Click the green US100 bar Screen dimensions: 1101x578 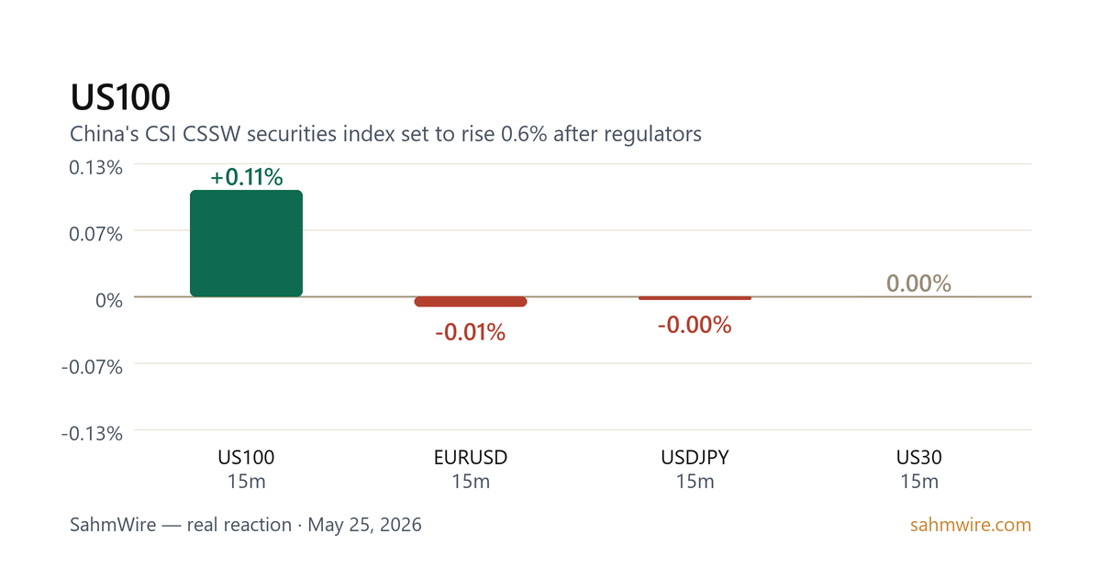coord(246,243)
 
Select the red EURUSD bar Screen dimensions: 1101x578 coord(471,302)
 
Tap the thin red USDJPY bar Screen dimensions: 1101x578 coord(695,298)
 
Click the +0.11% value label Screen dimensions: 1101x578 coord(247,177)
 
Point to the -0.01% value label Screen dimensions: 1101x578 coord(471,332)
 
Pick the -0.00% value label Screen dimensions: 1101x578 coord(695,325)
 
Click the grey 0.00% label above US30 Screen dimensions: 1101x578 coord(918,283)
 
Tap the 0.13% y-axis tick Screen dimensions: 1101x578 coord(95,168)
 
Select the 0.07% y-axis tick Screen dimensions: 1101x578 coord(95,234)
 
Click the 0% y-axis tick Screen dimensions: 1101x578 coord(109,300)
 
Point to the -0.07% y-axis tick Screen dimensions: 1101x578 coord(92,367)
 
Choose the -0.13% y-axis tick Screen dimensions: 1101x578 coord(92,433)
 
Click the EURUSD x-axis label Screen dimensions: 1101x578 coord(471,458)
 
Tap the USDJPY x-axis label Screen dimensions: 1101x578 coord(695,458)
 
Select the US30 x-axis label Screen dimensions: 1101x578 coord(919,458)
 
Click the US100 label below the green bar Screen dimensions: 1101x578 coord(246,458)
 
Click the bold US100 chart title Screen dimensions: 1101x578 coord(120,97)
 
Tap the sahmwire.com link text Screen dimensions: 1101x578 coord(971,525)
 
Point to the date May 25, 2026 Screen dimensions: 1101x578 coord(365,525)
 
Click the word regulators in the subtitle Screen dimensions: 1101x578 coord(652,134)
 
